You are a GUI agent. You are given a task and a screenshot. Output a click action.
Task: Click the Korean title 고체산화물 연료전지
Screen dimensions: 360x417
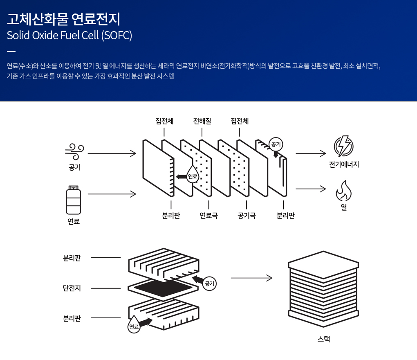(63, 19)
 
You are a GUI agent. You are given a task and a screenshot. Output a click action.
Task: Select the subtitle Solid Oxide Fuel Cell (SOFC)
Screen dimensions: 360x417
(69, 36)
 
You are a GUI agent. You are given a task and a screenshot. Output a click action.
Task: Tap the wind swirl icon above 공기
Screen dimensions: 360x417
(74, 152)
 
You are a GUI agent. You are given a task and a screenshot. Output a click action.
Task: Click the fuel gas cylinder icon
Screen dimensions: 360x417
(74, 200)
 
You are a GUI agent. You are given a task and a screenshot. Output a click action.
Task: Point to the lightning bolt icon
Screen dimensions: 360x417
(343, 146)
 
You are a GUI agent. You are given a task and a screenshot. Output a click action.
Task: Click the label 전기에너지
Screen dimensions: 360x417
(344, 165)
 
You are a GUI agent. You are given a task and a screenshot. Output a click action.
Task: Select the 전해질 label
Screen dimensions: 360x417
(202, 121)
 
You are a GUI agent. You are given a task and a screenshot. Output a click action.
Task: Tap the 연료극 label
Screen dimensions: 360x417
(208, 216)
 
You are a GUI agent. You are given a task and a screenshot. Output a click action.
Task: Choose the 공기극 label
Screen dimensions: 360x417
(247, 216)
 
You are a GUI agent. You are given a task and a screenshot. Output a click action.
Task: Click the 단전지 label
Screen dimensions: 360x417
(72, 288)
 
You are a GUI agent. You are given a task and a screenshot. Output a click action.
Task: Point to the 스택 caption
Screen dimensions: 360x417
(323, 339)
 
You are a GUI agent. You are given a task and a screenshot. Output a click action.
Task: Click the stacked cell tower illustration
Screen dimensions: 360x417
(323, 289)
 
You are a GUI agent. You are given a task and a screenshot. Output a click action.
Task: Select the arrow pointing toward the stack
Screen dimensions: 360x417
(251, 278)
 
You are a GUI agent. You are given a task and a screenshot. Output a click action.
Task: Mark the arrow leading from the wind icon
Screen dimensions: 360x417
(112, 153)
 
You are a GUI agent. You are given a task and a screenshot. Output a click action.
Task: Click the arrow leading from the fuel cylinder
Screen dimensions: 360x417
(112, 193)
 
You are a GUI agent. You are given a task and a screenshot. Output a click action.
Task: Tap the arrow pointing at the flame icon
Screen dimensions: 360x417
(311, 189)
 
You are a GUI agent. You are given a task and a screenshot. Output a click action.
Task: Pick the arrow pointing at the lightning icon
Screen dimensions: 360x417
(311, 153)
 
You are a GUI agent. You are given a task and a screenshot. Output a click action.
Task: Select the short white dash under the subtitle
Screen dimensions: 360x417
(11, 52)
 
